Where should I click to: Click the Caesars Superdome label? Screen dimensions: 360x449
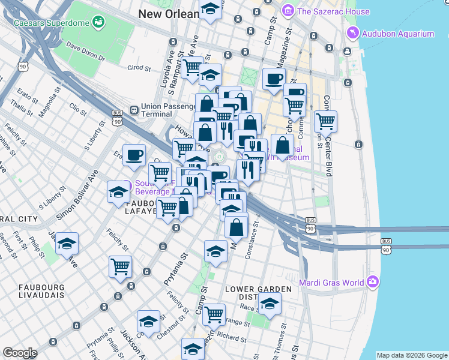(51, 23)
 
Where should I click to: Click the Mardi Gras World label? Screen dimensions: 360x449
(333, 282)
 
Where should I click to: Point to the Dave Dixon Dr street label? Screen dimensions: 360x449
(86, 53)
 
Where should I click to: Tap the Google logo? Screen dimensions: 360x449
(20, 353)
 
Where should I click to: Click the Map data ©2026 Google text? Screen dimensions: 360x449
(411, 355)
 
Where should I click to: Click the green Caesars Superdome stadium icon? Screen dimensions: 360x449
(98, 23)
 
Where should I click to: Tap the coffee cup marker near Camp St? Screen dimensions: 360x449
(274, 79)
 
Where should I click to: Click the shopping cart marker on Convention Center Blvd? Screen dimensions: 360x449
(325, 121)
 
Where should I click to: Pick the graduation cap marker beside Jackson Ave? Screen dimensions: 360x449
(67, 244)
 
